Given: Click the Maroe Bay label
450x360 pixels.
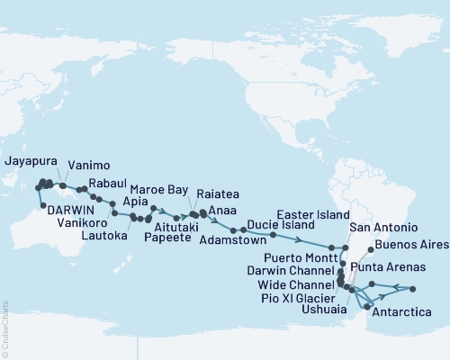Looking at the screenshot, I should click(x=177, y=191).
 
